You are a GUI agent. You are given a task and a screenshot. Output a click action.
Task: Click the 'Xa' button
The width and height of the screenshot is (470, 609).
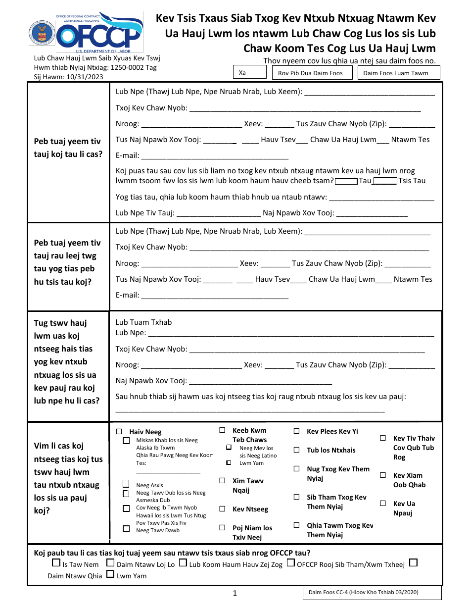pos(250,72)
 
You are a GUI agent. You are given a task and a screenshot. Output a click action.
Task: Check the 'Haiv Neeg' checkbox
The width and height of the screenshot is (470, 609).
pos(119,431)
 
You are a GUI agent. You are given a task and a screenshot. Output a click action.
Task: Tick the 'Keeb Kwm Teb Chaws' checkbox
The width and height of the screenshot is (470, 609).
pos(223,430)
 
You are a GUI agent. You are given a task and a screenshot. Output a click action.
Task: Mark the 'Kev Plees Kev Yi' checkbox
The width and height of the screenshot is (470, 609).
pos(297,431)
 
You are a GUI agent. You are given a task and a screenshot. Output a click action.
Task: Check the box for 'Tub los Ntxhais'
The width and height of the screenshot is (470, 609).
pos(297,450)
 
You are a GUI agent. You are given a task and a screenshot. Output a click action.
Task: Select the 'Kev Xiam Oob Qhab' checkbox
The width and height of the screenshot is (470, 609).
pos(383,475)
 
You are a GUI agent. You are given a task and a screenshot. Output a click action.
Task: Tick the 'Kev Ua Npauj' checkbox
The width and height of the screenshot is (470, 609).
pos(383,504)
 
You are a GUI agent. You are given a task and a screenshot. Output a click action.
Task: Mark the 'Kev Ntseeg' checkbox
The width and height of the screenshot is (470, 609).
pos(223,509)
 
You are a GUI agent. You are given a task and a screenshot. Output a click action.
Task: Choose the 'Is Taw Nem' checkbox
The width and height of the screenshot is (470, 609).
pos(56,563)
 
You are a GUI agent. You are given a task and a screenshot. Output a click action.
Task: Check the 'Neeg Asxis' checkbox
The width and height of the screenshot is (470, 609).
pos(126,484)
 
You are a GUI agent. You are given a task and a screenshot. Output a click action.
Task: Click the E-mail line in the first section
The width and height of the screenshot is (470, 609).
pos(208,156)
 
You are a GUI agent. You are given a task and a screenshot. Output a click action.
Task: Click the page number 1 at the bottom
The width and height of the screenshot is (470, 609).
pos(235,593)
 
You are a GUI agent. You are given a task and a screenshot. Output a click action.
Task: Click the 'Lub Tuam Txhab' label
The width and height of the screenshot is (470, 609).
pos(143,322)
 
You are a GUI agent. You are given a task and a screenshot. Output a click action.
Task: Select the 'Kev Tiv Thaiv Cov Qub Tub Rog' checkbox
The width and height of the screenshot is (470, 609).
pos(383,438)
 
